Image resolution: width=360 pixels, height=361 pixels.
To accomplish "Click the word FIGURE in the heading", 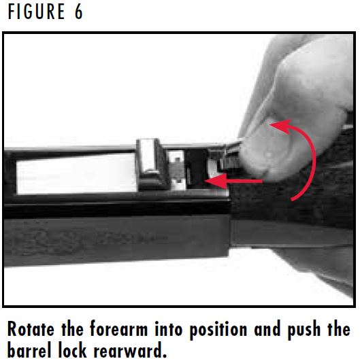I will [x=34, y=13].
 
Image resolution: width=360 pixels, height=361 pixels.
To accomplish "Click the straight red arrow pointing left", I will [x=238, y=182].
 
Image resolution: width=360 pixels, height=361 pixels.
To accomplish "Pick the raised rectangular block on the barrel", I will [x=152, y=165].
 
